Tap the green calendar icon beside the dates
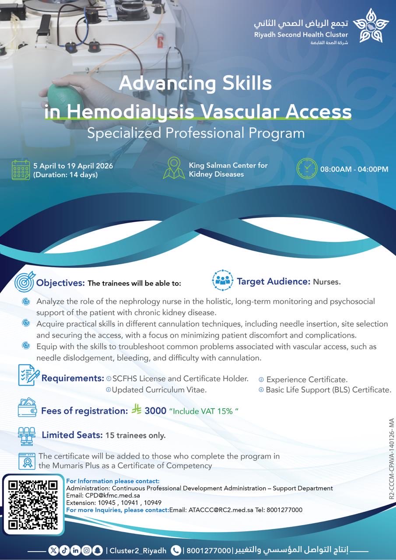point(21,170)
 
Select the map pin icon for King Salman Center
point(174,168)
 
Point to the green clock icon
point(307,168)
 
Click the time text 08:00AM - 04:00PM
point(354,169)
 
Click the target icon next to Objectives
point(24,282)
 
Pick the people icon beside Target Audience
point(223,281)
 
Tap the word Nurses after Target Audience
point(326,282)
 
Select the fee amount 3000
point(155,411)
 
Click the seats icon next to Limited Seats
point(26,435)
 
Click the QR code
point(33,504)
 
